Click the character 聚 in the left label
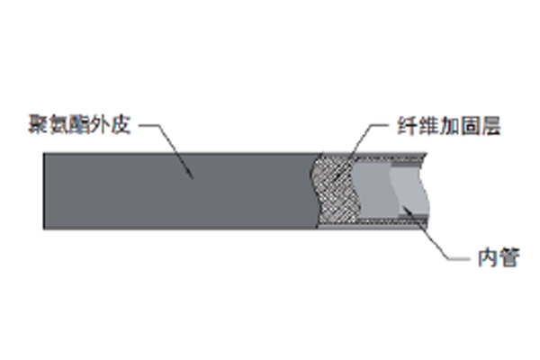pos(39,124)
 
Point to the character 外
pos(100,124)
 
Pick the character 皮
pos(121,124)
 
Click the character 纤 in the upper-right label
pos(408,126)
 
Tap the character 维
pos(428,126)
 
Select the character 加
pos(449,126)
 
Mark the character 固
pos(470,126)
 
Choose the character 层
pos(490,126)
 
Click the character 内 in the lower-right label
pos(489,257)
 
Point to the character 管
pos(509,257)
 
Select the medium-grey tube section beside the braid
pos(373,190)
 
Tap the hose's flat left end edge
pos(43,191)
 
